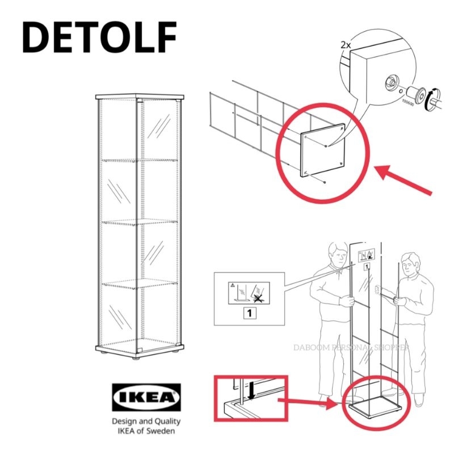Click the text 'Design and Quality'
pos(146,421)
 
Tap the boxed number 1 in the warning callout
pos(251,311)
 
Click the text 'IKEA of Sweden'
pos(146,431)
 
